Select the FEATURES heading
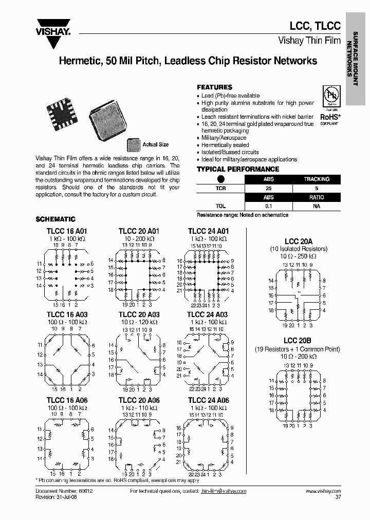tap(214, 87)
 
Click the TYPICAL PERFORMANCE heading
tap(237, 169)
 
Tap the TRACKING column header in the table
tap(316, 179)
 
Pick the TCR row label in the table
tap(220, 188)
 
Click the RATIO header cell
tap(316, 197)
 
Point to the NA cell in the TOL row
tap(316, 206)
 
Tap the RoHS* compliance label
tap(329, 117)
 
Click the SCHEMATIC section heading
tap(55, 219)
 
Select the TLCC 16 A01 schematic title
tap(67, 231)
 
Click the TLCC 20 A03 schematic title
tap(139, 315)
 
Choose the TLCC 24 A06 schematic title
tap(208, 400)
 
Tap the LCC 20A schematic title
tap(299, 242)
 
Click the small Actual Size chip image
tap(133, 145)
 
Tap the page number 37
tap(338, 497)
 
